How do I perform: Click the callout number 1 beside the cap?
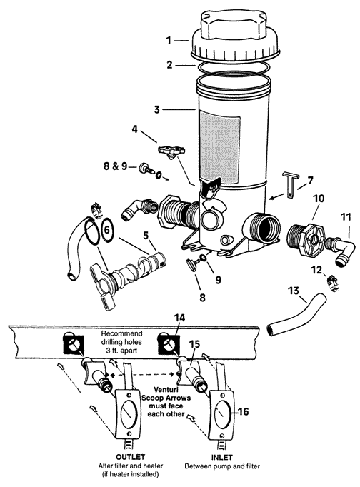(x=169, y=41)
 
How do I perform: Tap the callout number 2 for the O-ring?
(x=169, y=65)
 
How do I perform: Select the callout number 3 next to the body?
(x=157, y=109)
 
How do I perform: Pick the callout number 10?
(x=319, y=198)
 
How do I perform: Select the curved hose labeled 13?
(x=296, y=315)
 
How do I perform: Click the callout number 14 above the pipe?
(x=179, y=318)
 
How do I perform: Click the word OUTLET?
(x=131, y=457)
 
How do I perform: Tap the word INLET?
(x=221, y=458)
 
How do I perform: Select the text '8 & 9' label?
(x=115, y=166)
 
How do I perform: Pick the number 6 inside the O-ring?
(x=106, y=230)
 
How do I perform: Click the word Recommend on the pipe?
(x=121, y=334)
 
